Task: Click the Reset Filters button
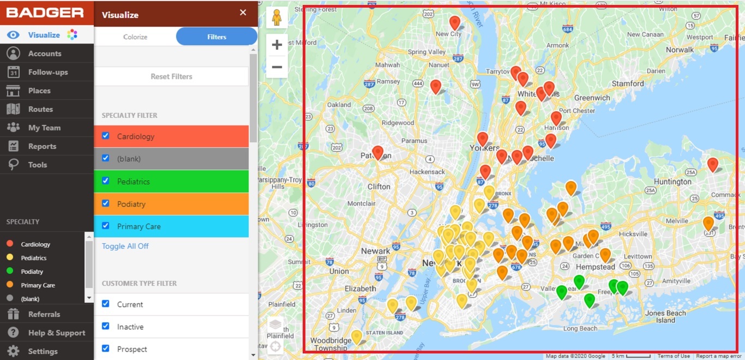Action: [171, 76]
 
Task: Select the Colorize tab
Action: [135, 37]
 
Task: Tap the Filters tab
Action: [217, 37]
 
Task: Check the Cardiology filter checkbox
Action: [106, 136]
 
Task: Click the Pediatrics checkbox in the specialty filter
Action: [106, 181]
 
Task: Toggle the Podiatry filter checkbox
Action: [106, 203]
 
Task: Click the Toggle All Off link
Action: [125, 246]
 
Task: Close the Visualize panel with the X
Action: [243, 13]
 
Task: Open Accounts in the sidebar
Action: [45, 53]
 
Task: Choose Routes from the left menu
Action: [40, 109]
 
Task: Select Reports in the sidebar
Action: [42, 146]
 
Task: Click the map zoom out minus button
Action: [277, 67]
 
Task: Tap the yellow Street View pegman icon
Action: [277, 18]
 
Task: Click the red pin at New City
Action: [455, 22]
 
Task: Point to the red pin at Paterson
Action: [378, 152]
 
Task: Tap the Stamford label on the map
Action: [628, 83]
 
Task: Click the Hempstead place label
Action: [596, 267]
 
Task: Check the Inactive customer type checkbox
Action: [106, 326]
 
